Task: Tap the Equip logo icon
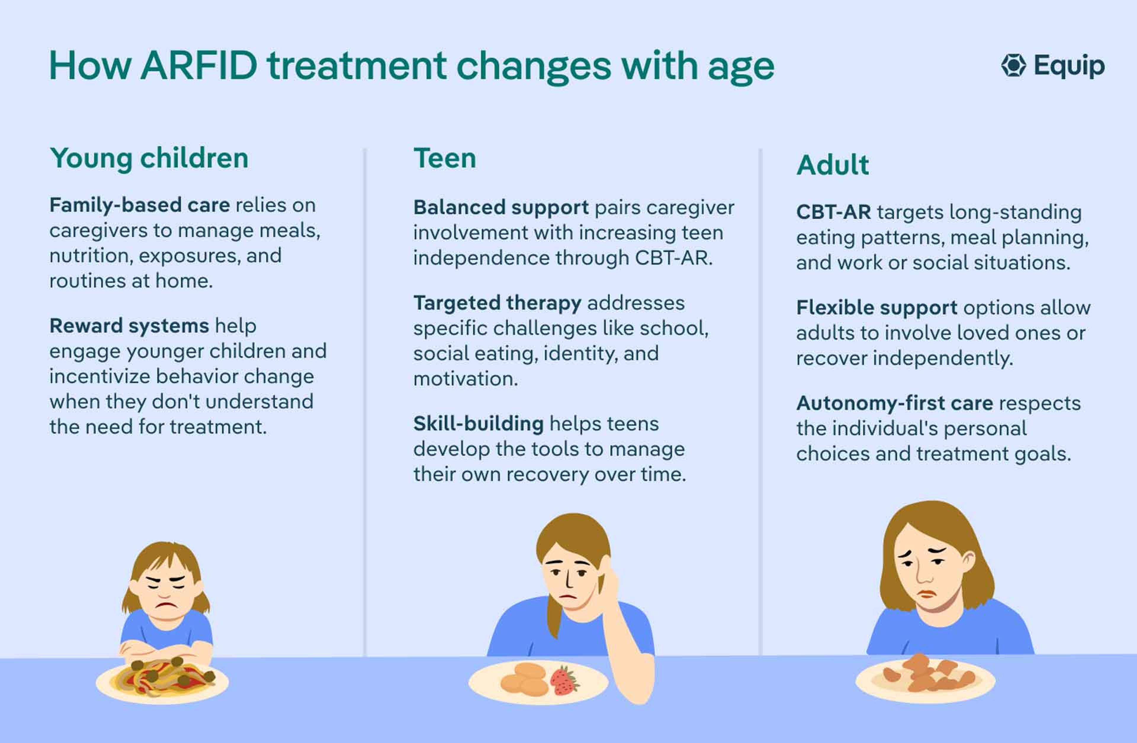[1013, 65]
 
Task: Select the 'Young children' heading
[149, 159]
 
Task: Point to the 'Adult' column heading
[833, 165]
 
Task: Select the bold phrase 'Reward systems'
[129, 326]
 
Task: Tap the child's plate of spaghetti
[163, 682]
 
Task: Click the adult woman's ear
[968, 563]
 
